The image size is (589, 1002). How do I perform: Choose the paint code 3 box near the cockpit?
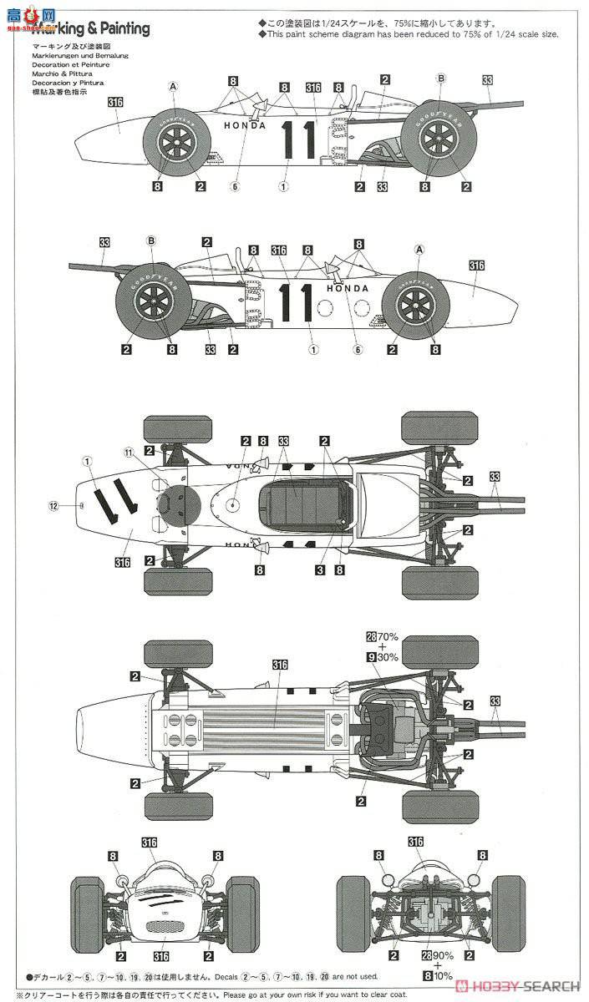click(x=319, y=570)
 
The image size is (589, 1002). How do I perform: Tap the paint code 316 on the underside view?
click(x=279, y=665)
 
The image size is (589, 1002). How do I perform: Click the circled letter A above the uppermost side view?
click(x=174, y=86)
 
